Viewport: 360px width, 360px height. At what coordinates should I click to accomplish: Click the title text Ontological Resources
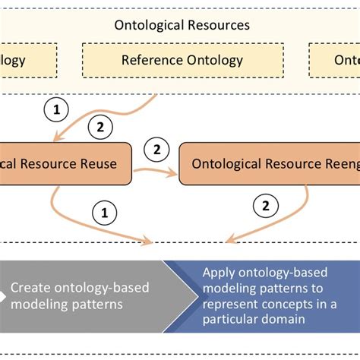coord(182,25)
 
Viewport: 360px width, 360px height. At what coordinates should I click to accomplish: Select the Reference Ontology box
coord(182,60)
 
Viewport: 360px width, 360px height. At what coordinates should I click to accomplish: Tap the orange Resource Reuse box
coord(65,163)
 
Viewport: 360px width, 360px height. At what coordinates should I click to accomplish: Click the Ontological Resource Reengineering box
coord(270,163)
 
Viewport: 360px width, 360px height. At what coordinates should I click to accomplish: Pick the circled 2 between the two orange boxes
coord(156,150)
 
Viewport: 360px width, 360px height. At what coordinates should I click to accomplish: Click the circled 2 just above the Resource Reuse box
coord(100,128)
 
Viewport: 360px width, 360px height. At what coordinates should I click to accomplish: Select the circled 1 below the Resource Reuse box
coord(104,213)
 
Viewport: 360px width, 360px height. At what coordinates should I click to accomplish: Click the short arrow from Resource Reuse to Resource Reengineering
coord(156,172)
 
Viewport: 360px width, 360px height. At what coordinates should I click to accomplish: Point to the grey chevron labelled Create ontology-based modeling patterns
coord(87,295)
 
